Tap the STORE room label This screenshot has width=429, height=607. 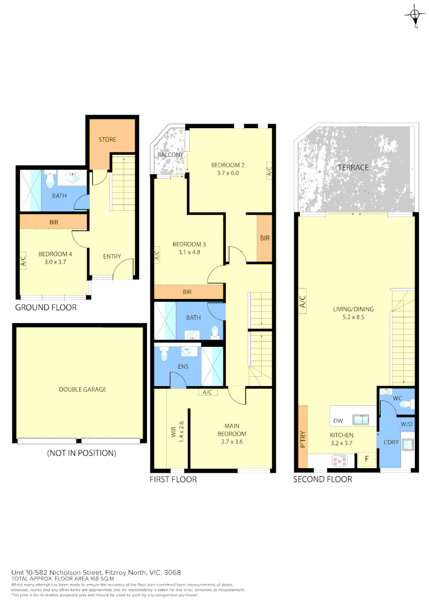[x=107, y=139]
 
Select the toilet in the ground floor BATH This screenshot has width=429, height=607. [x=49, y=182]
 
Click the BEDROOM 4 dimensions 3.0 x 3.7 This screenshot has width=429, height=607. [x=55, y=261]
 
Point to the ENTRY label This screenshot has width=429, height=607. [x=112, y=257]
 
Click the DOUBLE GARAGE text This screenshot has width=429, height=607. [x=83, y=389]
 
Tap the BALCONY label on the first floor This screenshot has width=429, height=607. [x=170, y=155]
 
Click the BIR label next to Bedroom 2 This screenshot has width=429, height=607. [x=265, y=238]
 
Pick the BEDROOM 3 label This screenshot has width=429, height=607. [x=189, y=244]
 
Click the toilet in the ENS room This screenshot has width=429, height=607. [x=165, y=354]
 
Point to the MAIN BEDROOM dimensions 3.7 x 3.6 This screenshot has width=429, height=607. [x=232, y=442]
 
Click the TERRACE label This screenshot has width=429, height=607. [x=353, y=167]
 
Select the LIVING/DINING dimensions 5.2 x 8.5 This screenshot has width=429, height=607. [x=353, y=317]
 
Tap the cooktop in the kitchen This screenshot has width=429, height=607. [x=339, y=461]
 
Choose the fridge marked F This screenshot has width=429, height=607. [x=367, y=459]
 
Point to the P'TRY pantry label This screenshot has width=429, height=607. [x=303, y=438]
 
